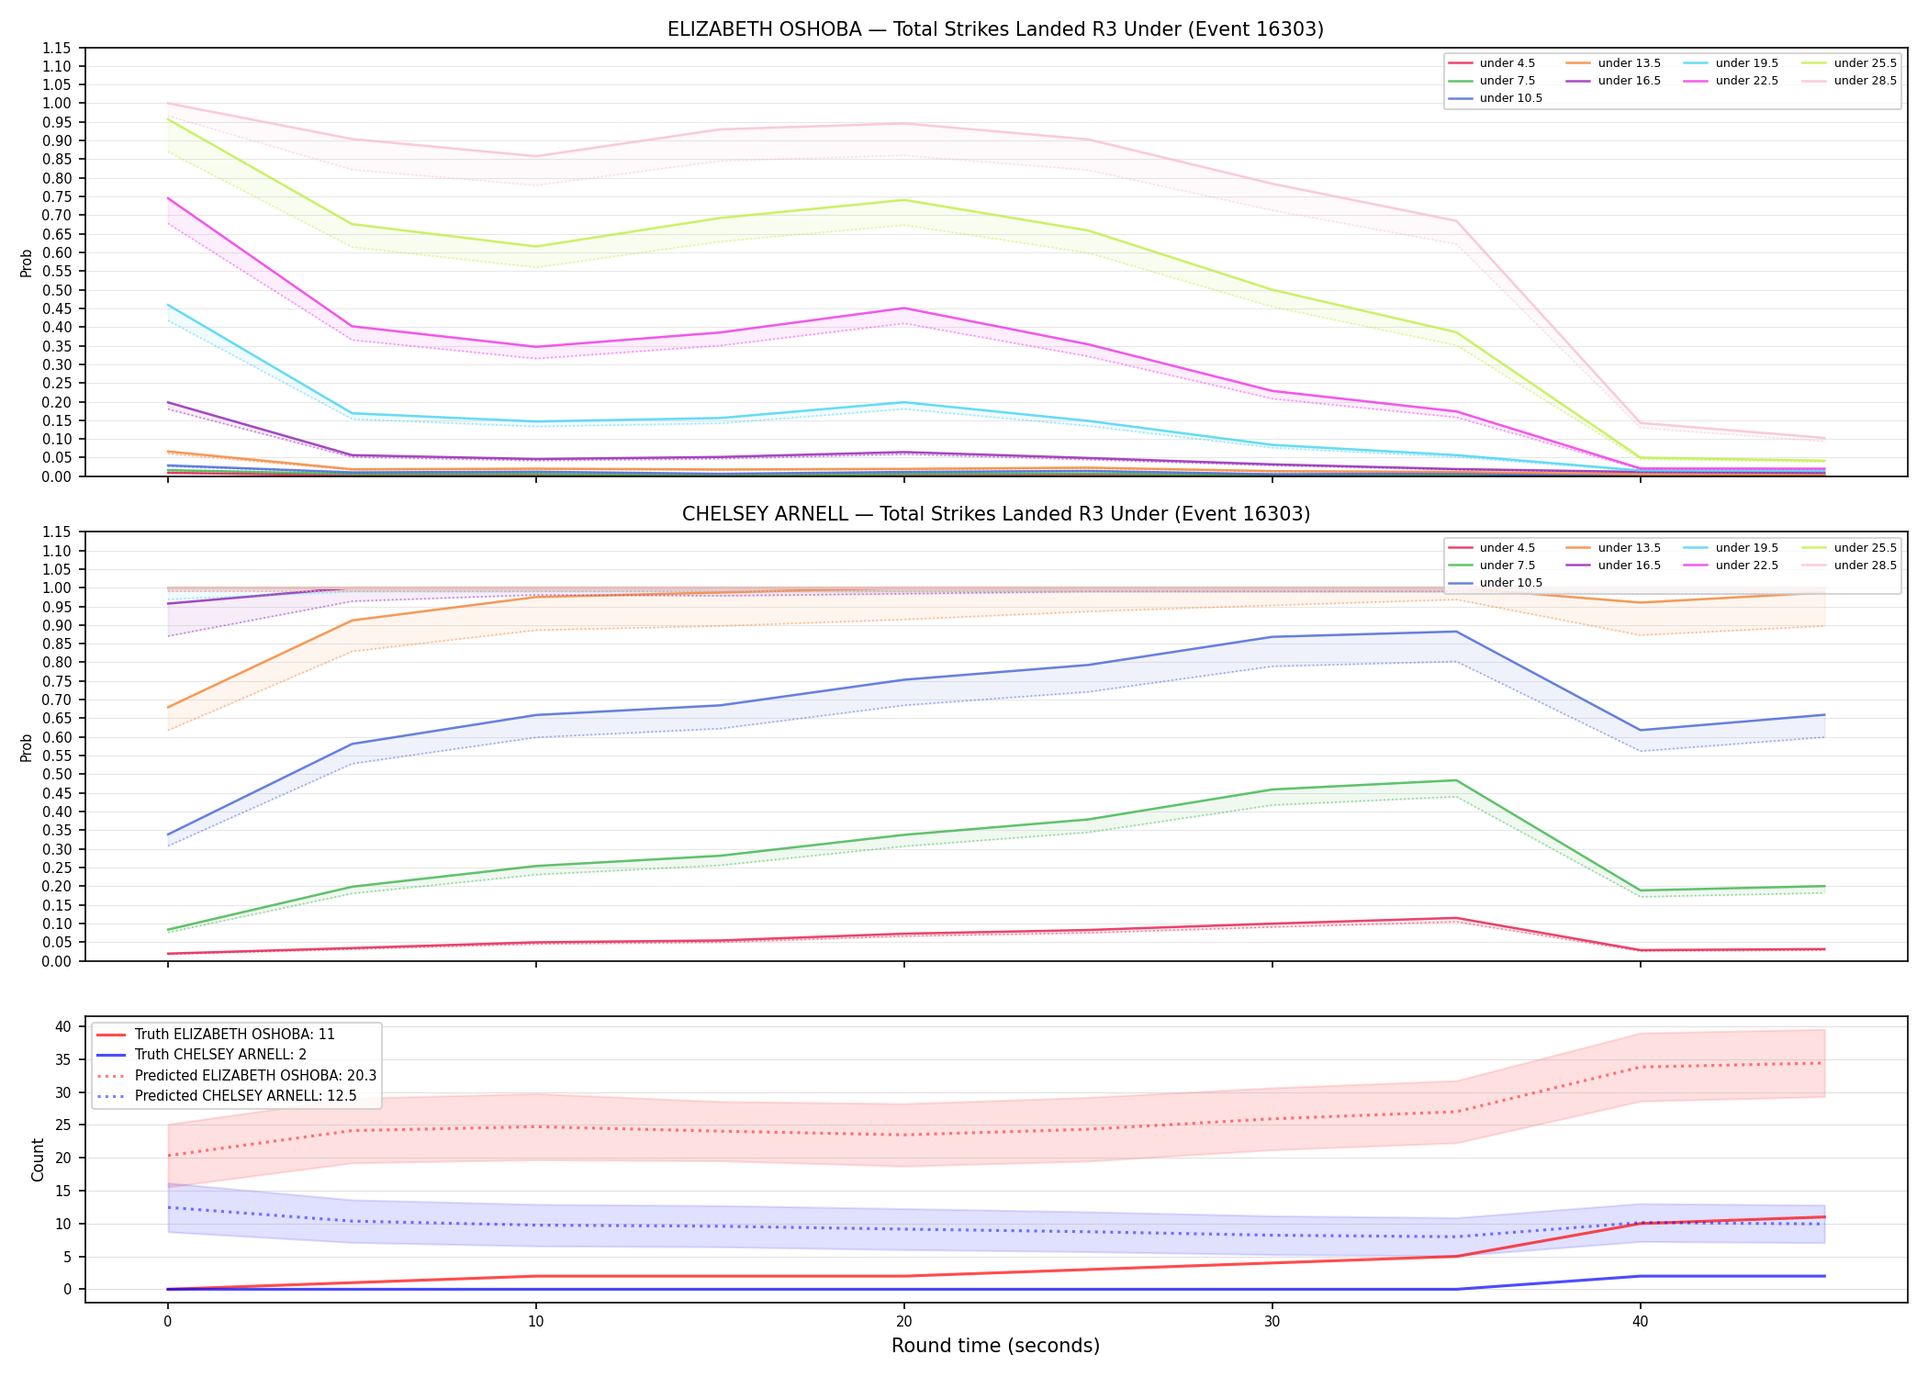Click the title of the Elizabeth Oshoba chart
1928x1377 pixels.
[x=995, y=29]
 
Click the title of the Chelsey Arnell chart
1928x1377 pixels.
[x=995, y=514]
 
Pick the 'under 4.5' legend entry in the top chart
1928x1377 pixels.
[x=1491, y=63]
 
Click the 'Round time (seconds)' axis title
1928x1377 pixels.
[x=995, y=1346]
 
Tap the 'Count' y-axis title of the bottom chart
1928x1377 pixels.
[x=38, y=1159]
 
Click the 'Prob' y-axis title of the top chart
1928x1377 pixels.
[x=27, y=263]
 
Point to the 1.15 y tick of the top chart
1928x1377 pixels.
[x=56, y=48]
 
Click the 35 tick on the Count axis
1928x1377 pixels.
[x=64, y=1059]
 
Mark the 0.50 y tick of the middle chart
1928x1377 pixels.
[x=56, y=774]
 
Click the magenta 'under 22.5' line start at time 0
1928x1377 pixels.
[x=168, y=198]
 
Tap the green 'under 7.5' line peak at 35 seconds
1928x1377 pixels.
[x=1456, y=780]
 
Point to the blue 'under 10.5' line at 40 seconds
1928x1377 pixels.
[x=1641, y=730]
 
